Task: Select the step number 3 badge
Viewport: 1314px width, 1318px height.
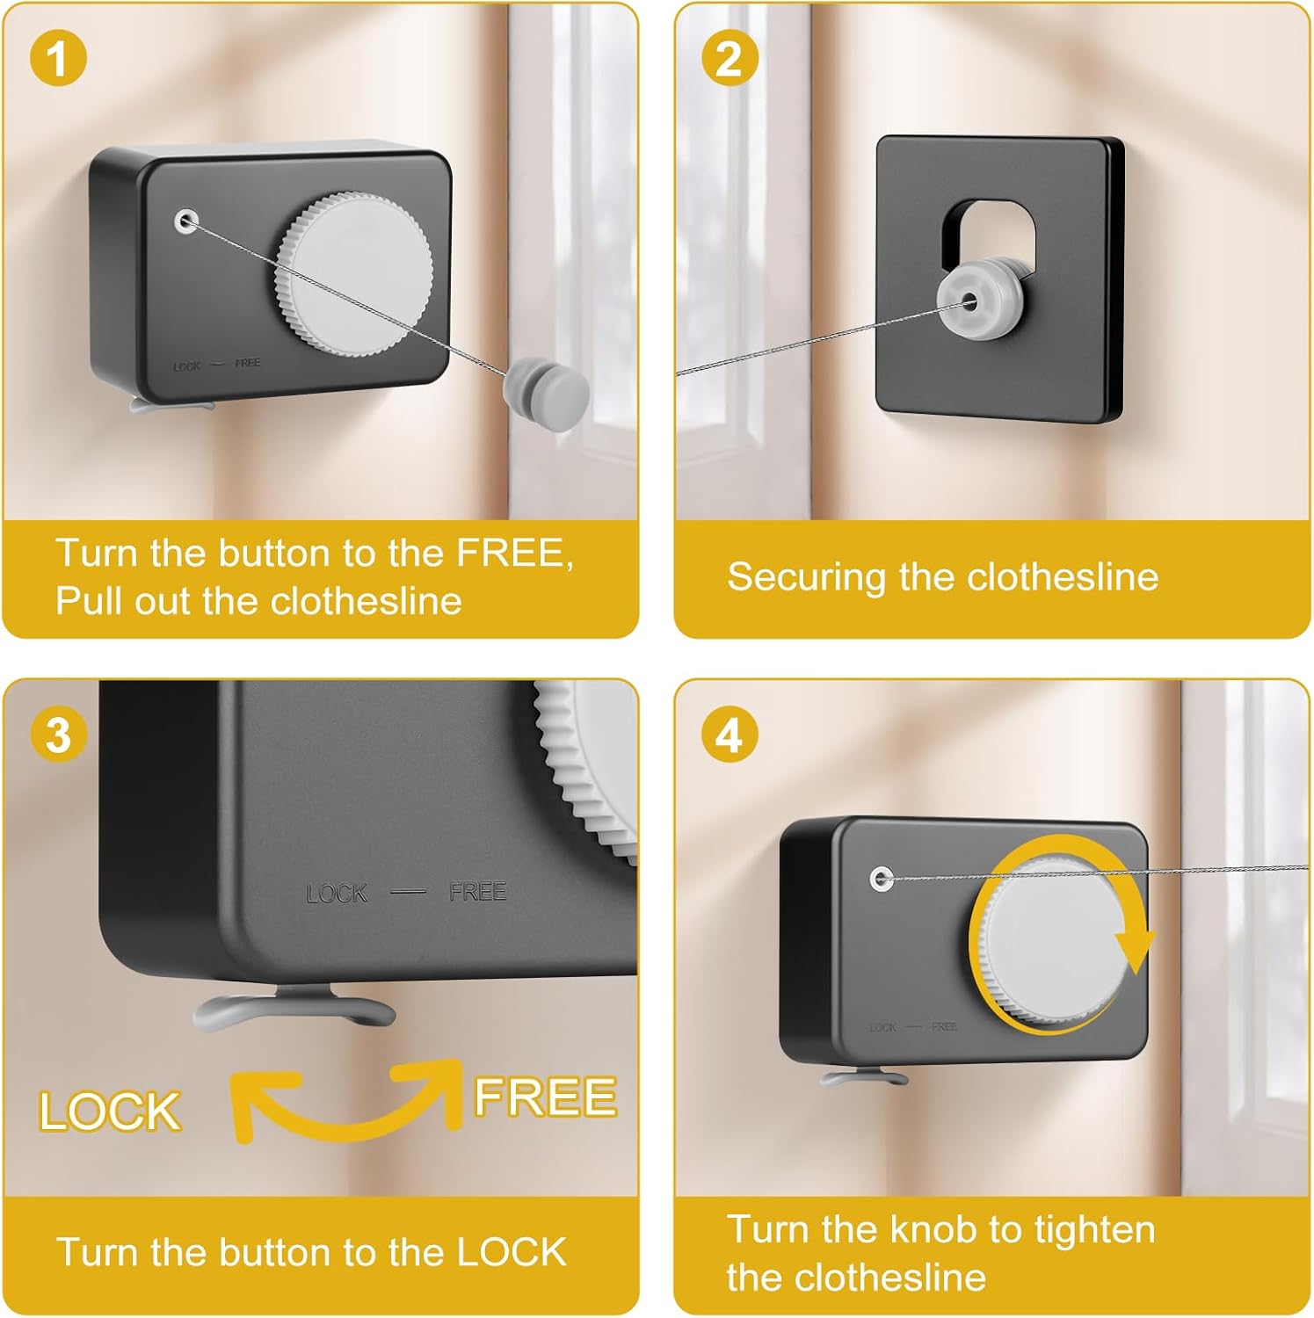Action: tap(58, 735)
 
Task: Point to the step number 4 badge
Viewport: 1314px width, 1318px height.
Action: tap(730, 735)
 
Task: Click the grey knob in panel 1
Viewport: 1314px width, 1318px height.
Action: tap(354, 273)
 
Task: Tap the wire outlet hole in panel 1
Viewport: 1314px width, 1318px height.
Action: tap(186, 221)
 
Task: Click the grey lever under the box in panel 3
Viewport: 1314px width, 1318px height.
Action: tap(294, 1009)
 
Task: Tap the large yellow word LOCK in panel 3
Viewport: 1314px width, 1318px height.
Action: tap(110, 1112)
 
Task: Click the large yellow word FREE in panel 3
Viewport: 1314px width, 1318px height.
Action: tap(545, 1097)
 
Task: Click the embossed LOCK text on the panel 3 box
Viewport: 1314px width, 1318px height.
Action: tap(336, 894)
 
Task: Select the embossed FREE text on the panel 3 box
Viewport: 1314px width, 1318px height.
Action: tap(477, 892)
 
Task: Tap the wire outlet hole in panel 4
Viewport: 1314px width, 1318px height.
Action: tap(882, 878)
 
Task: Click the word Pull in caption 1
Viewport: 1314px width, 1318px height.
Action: tap(89, 601)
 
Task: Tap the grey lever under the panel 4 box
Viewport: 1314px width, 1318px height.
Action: tap(863, 1077)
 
